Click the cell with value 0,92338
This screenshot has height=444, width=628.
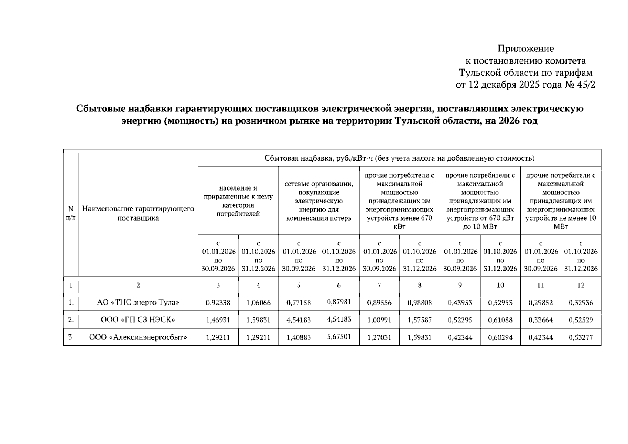pos(218,303)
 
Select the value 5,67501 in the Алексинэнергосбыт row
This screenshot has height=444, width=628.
pos(339,336)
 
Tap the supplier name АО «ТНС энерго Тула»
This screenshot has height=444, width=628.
pos(138,302)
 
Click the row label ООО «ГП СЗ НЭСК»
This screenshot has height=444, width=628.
pos(138,319)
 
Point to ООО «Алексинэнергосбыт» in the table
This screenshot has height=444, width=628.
pos(138,337)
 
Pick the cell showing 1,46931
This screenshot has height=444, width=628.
pos(218,320)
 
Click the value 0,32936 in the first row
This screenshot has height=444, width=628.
pos(581,303)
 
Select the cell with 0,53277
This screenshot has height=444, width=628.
pos(581,337)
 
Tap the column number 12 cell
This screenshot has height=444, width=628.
pos(581,285)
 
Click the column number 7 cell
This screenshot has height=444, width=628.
pos(379,285)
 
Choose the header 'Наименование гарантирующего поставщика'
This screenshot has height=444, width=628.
pos(138,213)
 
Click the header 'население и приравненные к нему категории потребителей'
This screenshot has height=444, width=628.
pos(238,201)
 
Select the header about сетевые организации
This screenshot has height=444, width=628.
pos(319,201)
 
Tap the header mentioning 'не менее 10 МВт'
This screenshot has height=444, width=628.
pos(561,201)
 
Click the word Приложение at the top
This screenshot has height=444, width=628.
pos(525,49)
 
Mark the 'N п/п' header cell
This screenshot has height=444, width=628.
pos(71,213)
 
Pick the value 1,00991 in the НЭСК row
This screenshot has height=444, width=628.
pos(379,320)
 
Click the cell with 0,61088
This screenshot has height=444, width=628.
pos(500,320)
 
